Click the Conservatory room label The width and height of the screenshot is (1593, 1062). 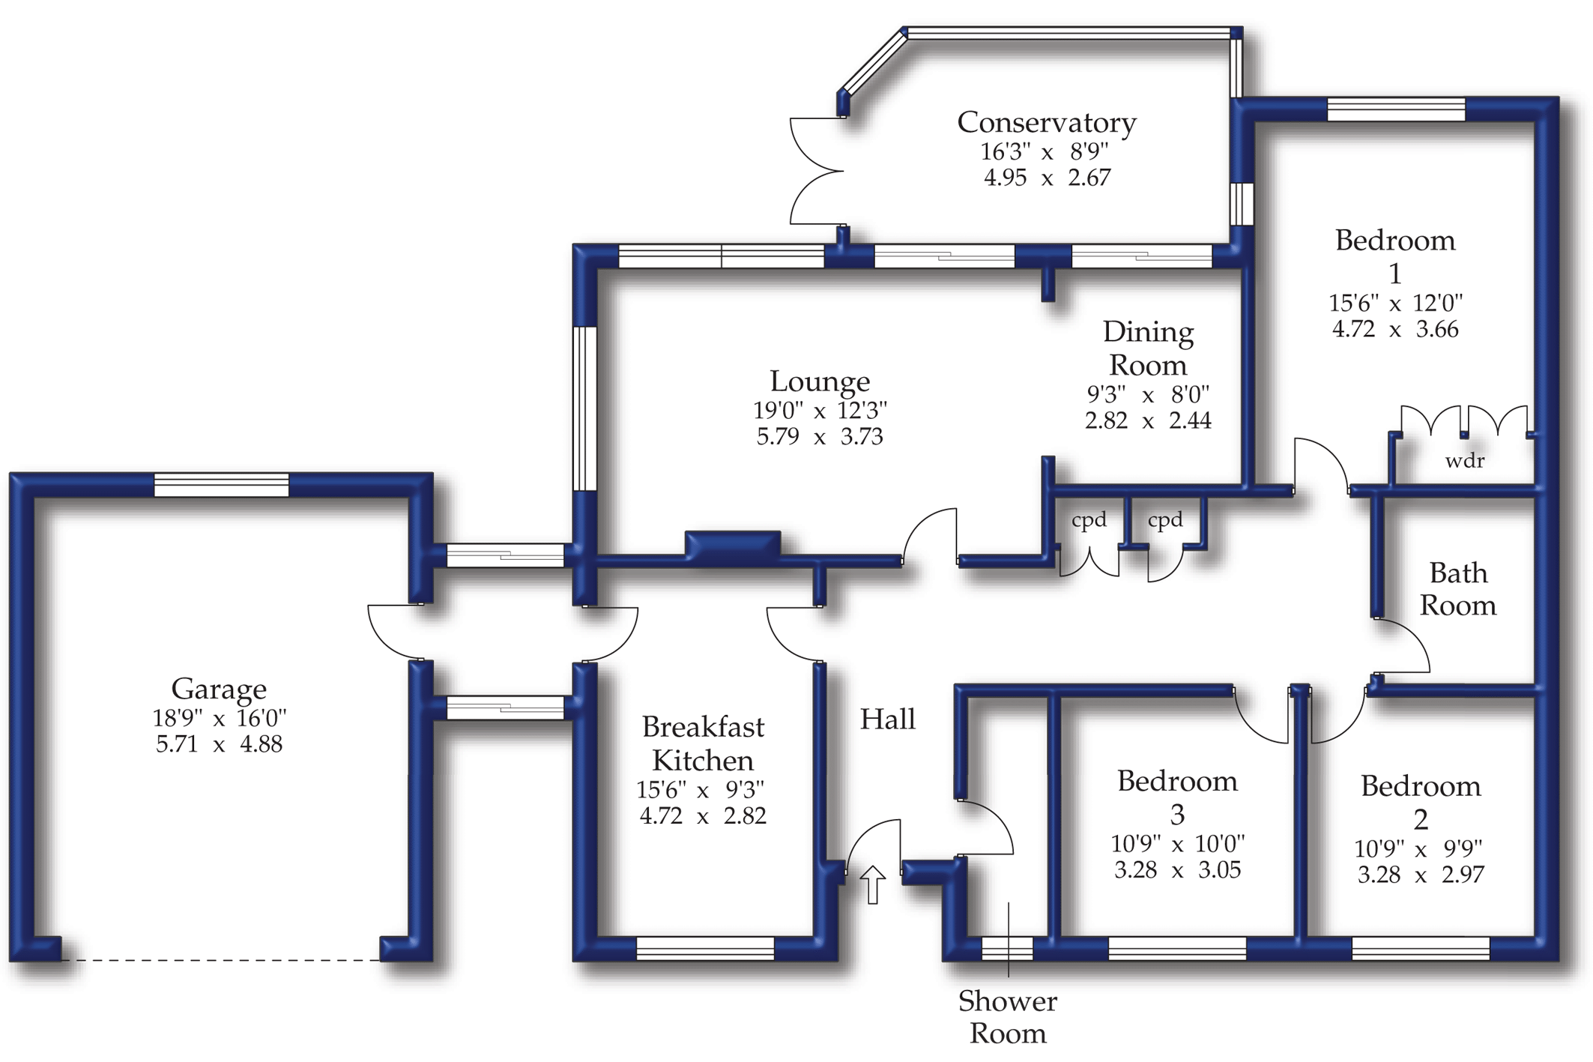[1046, 122]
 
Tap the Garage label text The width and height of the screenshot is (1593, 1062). [219, 689]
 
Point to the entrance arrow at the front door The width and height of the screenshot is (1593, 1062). [872, 884]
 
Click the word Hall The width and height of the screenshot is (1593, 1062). [888, 719]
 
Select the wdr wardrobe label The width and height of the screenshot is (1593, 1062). [1465, 460]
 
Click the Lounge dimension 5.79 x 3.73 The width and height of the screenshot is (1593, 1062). [820, 436]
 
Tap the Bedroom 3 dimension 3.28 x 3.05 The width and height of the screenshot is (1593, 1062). [1177, 870]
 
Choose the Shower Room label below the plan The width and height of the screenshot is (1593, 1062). [1008, 1017]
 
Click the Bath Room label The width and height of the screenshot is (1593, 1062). [1458, 589]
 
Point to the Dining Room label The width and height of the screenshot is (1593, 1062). [1148, 349]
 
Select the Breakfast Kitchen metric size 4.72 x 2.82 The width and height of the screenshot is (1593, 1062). [703, 815]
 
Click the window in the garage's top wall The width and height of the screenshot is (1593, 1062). [221, 485]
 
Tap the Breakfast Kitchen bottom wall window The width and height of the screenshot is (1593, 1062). [704, 949]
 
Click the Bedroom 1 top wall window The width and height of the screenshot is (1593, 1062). [1396, 109]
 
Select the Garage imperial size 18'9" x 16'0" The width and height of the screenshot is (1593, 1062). [220, 718]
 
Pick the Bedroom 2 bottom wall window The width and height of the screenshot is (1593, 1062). [1421, 949]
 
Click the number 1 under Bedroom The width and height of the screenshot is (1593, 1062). [1395, 274]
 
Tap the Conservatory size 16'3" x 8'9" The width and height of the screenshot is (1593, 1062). [1045, 152]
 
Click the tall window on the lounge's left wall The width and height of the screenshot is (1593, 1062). [584, 408]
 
